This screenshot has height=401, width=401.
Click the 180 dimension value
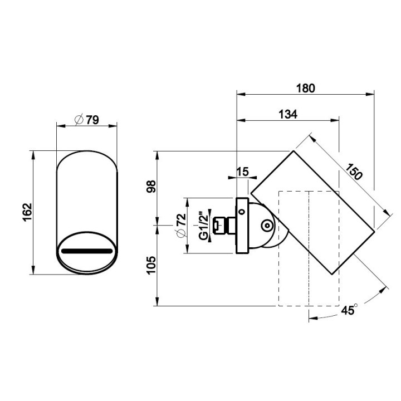(306, 89)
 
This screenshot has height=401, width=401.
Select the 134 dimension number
(288, 114)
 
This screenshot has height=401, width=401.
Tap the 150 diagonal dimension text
(354, 172)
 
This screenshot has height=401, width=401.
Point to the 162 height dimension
(27, 212)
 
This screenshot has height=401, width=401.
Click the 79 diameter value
(92, 120)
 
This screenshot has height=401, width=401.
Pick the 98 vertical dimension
(151, 187)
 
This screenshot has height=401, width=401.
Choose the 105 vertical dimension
(151, 265)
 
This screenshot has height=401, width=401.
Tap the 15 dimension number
(242, 172)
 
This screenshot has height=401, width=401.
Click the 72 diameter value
(182, 219)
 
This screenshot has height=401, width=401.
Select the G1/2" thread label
(204, 226)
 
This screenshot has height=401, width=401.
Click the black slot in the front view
(87, 251)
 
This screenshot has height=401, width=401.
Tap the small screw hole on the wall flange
(241, 212)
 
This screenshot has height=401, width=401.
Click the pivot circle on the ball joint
(267, 226)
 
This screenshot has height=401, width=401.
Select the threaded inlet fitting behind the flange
(224, 226)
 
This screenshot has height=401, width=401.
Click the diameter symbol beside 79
(79, 120)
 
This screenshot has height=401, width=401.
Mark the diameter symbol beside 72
(182, 233)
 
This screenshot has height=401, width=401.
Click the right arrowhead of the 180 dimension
(370, 94)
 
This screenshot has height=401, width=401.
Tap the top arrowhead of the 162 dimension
(33, 155)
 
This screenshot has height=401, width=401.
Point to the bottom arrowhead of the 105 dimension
(158, 301)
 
